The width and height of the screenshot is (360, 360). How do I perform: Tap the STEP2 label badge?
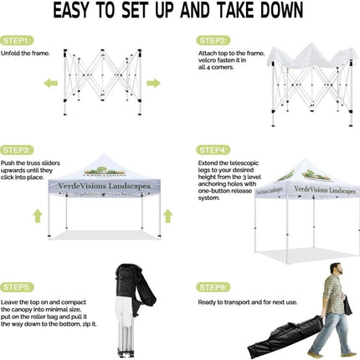213,39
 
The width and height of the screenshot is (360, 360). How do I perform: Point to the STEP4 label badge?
213,150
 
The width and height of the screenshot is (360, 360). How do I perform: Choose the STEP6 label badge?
213,287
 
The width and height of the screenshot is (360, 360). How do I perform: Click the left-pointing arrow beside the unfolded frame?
51,83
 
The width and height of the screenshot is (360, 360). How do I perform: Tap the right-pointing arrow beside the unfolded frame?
153,83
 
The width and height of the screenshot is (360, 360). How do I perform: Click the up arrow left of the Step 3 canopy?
38,216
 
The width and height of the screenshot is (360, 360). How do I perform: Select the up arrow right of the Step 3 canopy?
167,216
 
